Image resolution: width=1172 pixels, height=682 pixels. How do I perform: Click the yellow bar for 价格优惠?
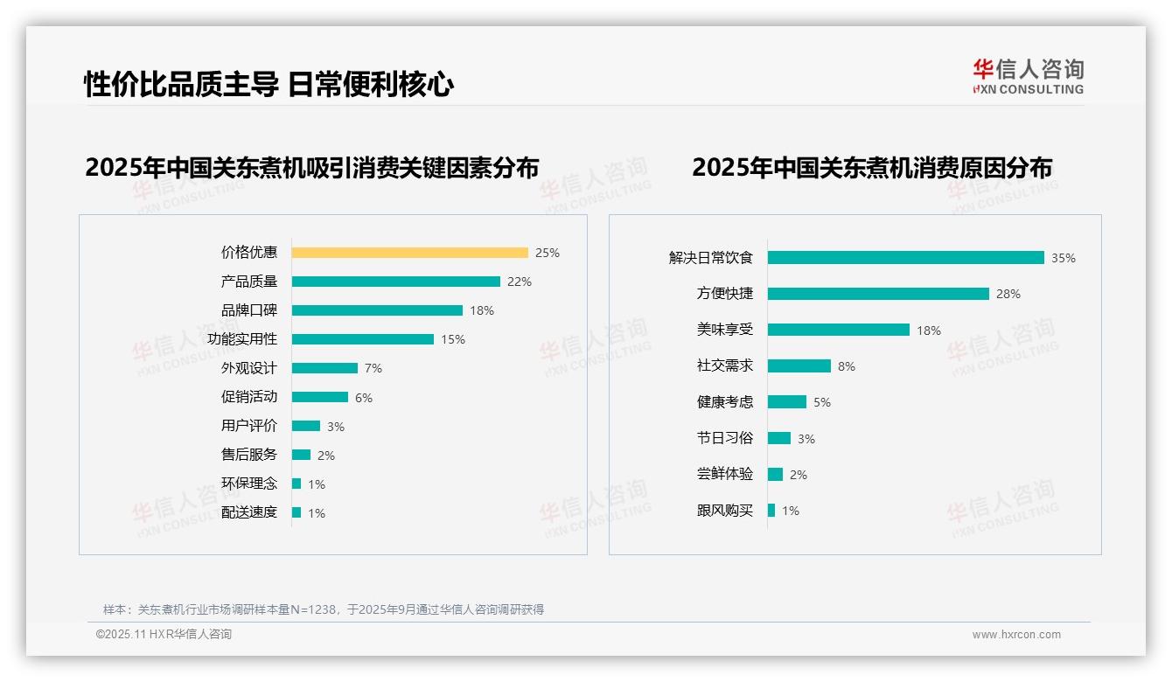409,253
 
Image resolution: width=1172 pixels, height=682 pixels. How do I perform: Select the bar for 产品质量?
395,282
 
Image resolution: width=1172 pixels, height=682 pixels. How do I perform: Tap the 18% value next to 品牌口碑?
482,310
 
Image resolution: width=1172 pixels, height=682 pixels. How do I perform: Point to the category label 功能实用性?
242,339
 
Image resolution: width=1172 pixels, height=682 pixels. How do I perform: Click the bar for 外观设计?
324,368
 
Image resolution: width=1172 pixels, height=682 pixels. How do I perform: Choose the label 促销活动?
249,397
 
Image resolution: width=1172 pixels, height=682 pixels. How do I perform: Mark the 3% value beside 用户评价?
336,427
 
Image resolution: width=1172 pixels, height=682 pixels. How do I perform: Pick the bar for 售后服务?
301,455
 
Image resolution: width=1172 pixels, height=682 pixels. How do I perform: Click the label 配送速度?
249,512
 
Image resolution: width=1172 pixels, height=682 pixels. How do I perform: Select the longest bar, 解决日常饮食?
905,258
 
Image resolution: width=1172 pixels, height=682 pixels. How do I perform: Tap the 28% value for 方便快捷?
1008,294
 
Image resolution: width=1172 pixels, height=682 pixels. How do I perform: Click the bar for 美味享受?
838,330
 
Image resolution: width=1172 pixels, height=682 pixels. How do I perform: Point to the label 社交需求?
725,365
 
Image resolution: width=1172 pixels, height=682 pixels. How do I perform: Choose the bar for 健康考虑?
787,402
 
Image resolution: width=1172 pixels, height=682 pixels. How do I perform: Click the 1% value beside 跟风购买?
791,511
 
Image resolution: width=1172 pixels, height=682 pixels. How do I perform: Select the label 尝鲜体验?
725,474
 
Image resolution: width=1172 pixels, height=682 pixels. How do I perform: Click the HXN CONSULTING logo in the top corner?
1028,77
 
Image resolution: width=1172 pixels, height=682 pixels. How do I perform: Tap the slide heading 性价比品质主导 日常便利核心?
269,85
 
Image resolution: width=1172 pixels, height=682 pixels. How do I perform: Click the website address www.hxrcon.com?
1016,635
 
